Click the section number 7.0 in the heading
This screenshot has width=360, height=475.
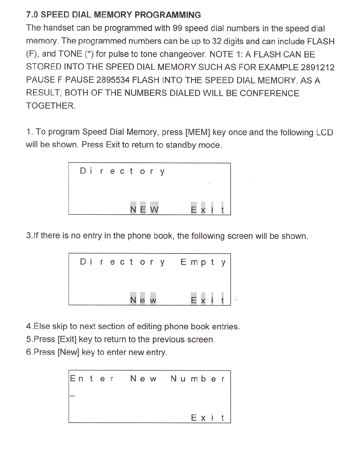click(32, 15)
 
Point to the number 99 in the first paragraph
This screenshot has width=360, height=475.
click(177, 28)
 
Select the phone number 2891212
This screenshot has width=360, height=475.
click(317, 67)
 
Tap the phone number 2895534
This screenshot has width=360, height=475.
click(113, 80)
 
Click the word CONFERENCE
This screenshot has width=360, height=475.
click(269, 93)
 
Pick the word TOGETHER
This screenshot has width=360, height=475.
click(51, 106)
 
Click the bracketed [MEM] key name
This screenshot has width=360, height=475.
click(198, 132)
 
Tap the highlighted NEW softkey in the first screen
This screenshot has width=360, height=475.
click(144, 209)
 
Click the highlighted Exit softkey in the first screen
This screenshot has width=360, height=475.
click(207, 209)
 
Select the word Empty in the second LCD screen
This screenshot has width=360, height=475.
click(203, 262)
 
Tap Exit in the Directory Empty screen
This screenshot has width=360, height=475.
click(207, 300)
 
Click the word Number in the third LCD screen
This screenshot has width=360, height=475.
click(198, 379)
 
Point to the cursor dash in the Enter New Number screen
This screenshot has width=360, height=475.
click(72, 396)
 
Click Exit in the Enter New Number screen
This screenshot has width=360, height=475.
click(208, 418)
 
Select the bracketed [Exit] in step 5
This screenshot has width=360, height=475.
click(67, 339)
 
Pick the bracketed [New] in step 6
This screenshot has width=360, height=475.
click(68, 352)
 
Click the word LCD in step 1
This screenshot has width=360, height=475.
click(324, 132)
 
